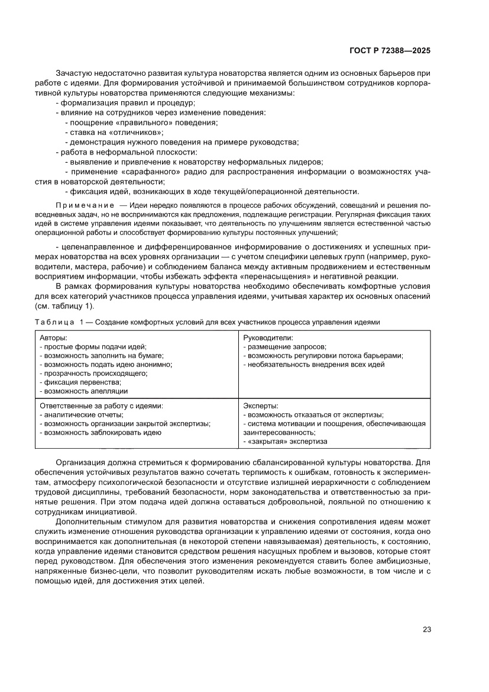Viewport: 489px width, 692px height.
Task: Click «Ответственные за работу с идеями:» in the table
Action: click(x=101, y=405)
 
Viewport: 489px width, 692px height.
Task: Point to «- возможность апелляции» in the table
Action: click(x=83, y=391)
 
